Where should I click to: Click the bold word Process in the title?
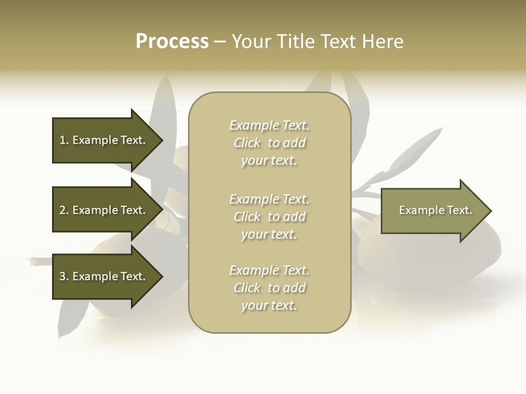pos(172,42)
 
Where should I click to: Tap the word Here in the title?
pos(383,42)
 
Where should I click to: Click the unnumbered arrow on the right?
pos(433,210)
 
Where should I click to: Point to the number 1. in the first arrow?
pos(64,140)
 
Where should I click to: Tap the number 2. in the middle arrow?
pos(64,210)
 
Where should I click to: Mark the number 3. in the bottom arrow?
pos(64,276)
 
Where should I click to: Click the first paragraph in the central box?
pos(269,143)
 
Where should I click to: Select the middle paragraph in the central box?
pos(269,217)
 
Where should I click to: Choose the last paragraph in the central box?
pos(269,288)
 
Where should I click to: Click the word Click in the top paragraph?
pos(247,143)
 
